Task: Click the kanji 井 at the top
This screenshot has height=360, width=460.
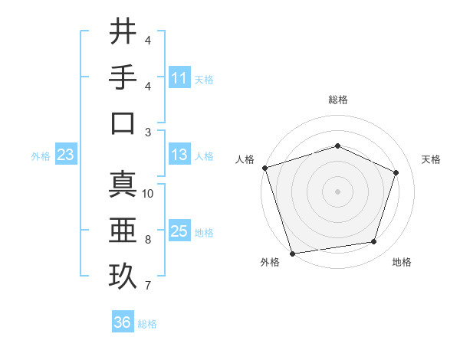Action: pos(123,32)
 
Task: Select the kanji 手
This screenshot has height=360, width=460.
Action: pos(123,77)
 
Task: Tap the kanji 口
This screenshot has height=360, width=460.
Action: pos(123,123)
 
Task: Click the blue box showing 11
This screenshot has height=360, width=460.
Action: pos(179,78)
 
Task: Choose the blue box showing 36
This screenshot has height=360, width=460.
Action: pos(123,323)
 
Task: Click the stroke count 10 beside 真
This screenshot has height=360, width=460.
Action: pos(148,194)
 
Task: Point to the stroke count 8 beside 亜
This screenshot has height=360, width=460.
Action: pos(148,240)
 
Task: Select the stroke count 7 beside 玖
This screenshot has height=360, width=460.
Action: pos(148,286)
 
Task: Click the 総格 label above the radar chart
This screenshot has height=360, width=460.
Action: pos(337,100)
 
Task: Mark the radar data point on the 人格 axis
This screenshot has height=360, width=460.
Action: pos(264,168)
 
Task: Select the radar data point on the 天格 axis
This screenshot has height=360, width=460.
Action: pos(396,172)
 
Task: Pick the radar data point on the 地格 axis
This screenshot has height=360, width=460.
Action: pos(373,242)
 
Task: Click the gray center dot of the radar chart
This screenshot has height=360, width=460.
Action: pos(337,191)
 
